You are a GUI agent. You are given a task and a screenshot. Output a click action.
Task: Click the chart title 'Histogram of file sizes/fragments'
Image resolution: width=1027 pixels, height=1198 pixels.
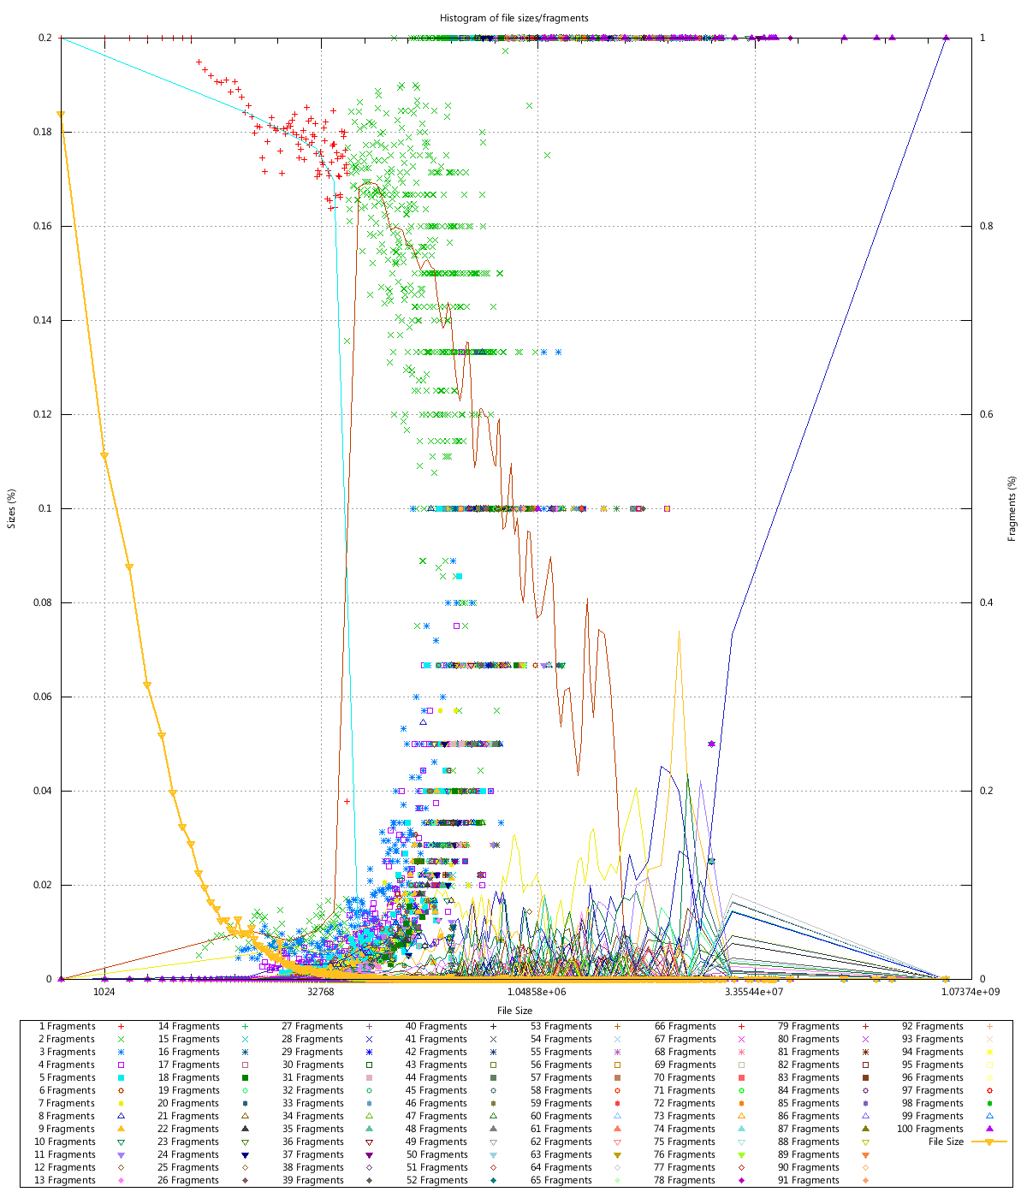[513, 18]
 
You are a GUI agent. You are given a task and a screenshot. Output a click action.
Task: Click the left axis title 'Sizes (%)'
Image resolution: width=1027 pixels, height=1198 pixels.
[12, 508]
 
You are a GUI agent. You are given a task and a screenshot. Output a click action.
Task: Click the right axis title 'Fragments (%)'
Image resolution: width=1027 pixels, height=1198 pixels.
[1012, 508]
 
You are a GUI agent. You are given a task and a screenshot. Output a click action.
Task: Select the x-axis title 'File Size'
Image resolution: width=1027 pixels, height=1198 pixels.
[514, 1011]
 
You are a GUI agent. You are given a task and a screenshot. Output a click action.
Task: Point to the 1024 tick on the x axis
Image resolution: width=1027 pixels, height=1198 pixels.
[104, 993]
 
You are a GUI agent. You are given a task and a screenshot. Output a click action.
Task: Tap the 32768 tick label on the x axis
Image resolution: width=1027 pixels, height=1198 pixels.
[321, 993]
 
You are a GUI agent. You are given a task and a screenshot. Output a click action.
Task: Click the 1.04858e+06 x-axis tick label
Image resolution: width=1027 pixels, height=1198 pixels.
[537, 993]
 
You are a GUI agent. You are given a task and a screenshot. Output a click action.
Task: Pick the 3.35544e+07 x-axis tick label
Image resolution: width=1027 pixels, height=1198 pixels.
[754, 993]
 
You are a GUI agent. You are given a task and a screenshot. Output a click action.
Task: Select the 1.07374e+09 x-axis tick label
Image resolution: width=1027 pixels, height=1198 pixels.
[970, 993]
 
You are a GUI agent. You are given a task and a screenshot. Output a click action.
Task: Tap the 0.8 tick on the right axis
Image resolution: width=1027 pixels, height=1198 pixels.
[986, 226]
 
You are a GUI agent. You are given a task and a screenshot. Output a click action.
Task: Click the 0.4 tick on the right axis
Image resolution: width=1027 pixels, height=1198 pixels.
[986, 602]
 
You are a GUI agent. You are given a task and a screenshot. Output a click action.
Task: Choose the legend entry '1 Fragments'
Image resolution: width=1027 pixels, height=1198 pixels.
[68, 1026]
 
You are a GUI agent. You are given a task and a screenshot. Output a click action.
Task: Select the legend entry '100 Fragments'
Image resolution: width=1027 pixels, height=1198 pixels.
[930, 1129]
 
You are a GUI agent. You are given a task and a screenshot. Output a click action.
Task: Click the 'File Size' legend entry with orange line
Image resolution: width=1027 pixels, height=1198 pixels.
[947, 1142]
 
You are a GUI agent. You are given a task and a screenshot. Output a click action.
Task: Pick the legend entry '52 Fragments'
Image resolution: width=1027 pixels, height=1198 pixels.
[437, 1180]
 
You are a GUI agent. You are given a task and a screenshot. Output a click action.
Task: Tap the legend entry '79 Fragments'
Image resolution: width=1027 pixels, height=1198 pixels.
[809, 1026]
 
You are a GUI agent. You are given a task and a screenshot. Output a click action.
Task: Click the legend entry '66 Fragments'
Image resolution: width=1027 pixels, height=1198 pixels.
[686, 1026]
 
